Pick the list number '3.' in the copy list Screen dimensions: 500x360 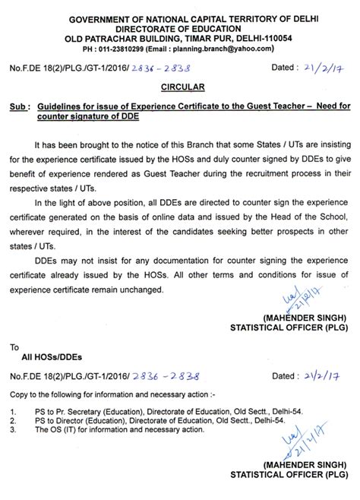pyautogui.click(x=14, y=429)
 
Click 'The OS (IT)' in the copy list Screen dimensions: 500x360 pyautogui.click(x=52, y=429)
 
